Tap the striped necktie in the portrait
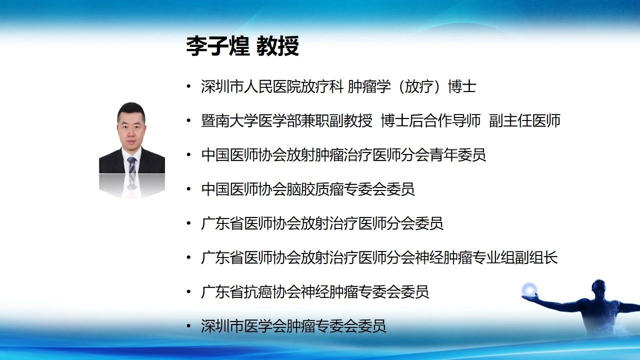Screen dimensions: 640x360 click(132, 165)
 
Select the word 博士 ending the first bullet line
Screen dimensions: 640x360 click(461, 86)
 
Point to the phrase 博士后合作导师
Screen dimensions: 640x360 click(430, 120)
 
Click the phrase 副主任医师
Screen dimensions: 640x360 click(524, 120)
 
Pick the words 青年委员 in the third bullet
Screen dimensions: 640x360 click(457, 155)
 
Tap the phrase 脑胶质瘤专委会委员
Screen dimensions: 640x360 click(350, 189)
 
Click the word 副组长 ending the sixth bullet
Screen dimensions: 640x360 click(536, 257)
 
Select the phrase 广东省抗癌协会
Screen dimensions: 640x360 click(251, 291)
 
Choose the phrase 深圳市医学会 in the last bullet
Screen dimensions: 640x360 click(243, 326)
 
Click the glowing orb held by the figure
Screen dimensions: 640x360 click(529, 290)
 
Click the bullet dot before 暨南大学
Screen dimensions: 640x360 click(188, 121)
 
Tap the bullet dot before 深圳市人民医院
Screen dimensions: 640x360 click(188, 86)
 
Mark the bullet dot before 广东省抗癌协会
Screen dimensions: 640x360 click(188, 292)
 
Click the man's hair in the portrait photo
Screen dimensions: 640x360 click(131, 109)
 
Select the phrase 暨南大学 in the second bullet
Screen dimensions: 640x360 click(229, 120)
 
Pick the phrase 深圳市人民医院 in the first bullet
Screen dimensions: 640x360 click(251, 86)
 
